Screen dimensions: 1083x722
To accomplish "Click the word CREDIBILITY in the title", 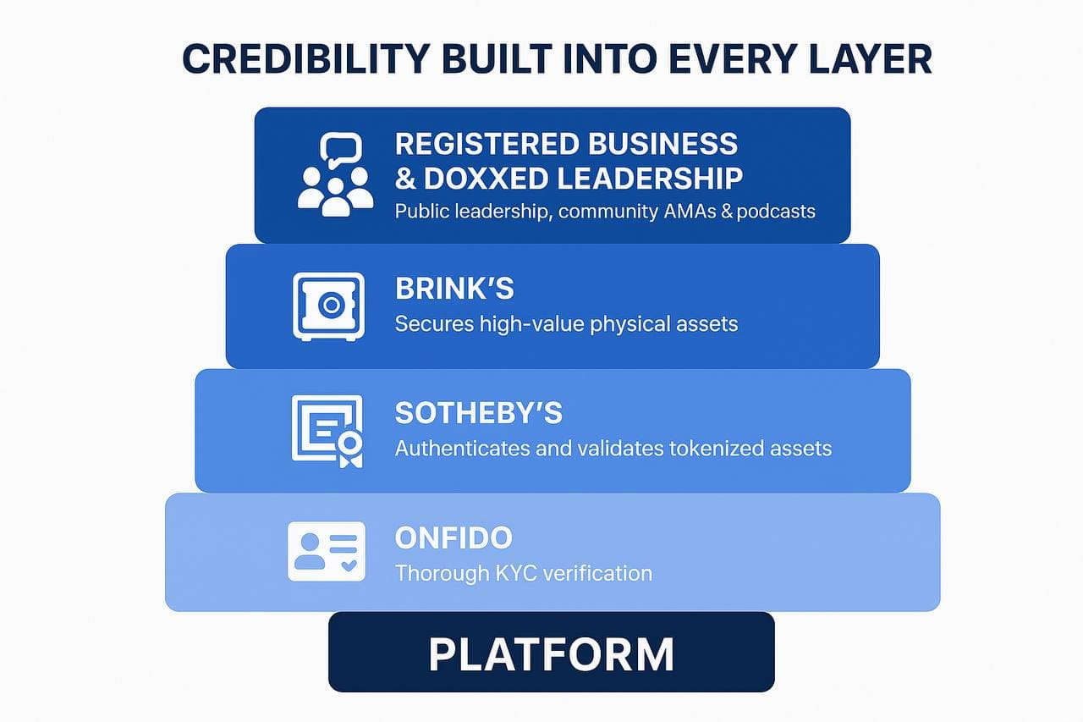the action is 306,59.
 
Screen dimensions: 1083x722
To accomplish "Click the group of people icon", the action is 336,191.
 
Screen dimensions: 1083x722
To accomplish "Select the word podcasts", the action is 776,212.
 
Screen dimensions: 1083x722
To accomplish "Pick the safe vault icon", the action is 329,306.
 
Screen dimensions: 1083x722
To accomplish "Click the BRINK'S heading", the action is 454,289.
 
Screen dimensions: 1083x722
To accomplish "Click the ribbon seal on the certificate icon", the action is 350,449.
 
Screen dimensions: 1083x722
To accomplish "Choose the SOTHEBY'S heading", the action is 479,413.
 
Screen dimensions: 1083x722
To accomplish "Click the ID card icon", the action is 327,551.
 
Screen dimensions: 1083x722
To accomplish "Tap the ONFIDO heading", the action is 454,537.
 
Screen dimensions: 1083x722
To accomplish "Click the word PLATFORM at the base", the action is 551,654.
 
